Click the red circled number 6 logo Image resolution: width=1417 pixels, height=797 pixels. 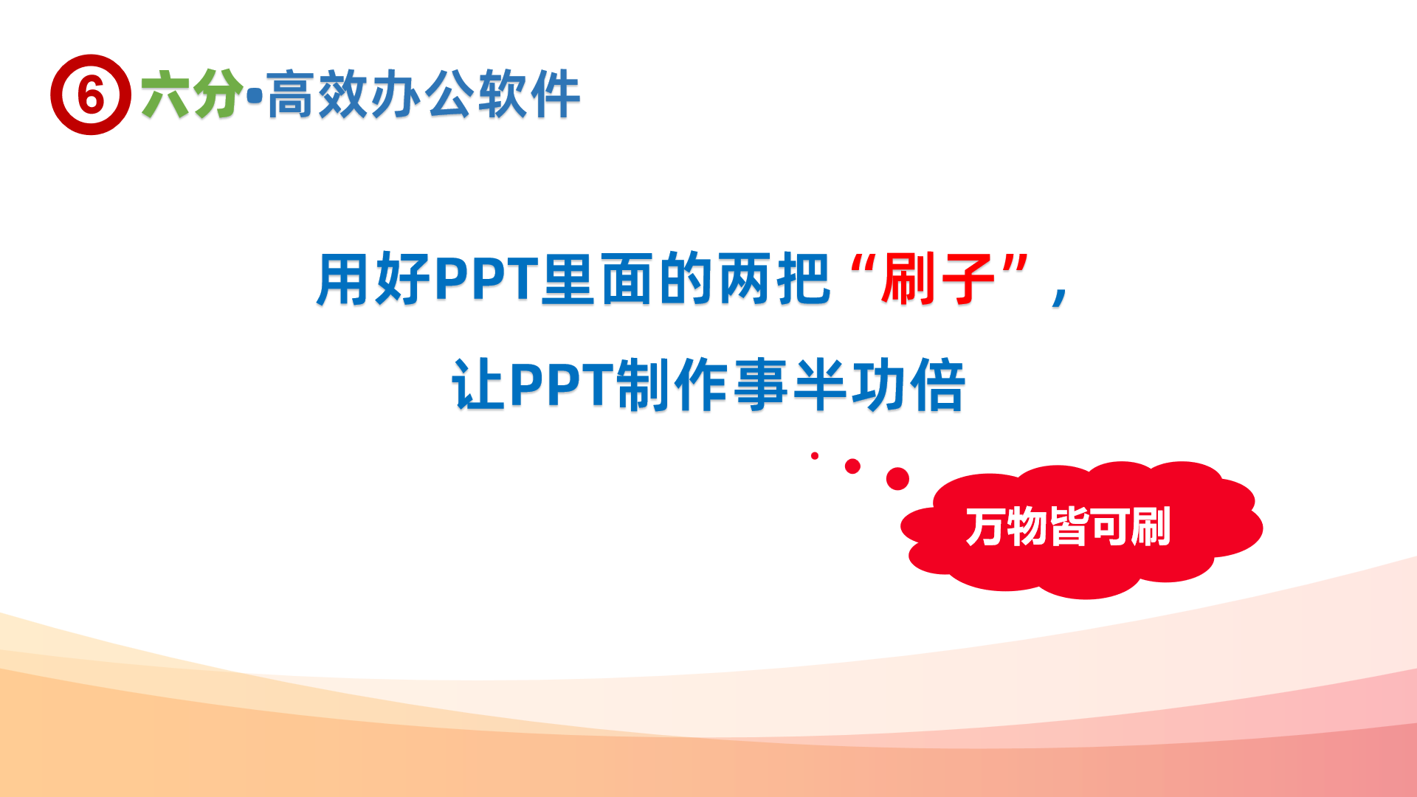pyautogui.click(x=91, y=94)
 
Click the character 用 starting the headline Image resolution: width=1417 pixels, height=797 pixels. pyautogui.click(x=343, y=279)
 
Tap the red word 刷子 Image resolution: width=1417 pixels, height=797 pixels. pyautogui.click(x=937, y=279)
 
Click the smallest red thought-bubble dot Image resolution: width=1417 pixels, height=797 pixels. pyautogui.click(x=815, y=456)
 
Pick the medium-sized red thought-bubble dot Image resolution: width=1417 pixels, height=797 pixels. pyautogui.click(x=852, y=466)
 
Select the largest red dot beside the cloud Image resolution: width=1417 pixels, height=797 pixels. pyautogui.click(x=897, y=478)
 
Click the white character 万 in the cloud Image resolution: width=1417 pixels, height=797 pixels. pyautogui.click(x=985, y=527)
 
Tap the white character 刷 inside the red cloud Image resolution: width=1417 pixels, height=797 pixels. pyautogui.click(x=1150, y=527)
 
